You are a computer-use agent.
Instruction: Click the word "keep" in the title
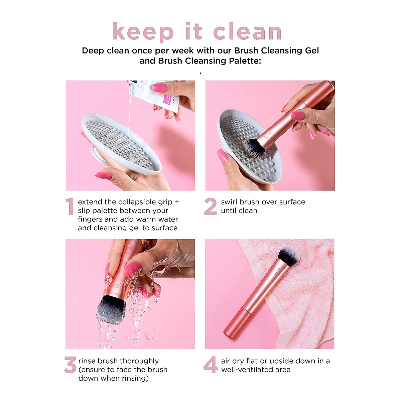point(143,32)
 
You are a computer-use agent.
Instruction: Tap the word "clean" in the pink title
point(247,32)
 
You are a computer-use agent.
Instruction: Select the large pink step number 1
point(69,207)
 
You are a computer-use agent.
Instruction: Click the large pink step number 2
point(211,207)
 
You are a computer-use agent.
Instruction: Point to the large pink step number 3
point(70,365)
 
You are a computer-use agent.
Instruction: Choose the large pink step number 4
point(211,365)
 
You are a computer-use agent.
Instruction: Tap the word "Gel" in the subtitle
point(311,51)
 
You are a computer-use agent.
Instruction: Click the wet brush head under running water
point(110,309)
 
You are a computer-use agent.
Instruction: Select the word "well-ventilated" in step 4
point(256,370)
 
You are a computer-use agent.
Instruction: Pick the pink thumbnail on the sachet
point(160,88)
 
